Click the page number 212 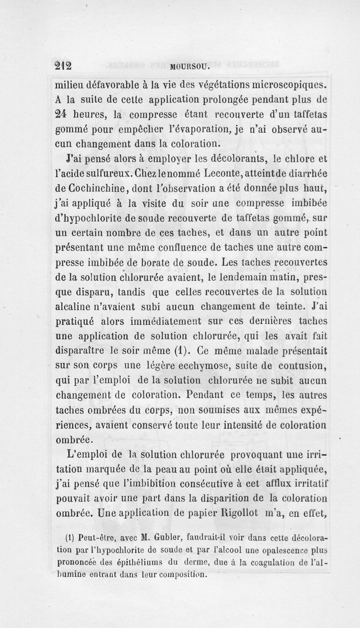click(63, 65)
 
